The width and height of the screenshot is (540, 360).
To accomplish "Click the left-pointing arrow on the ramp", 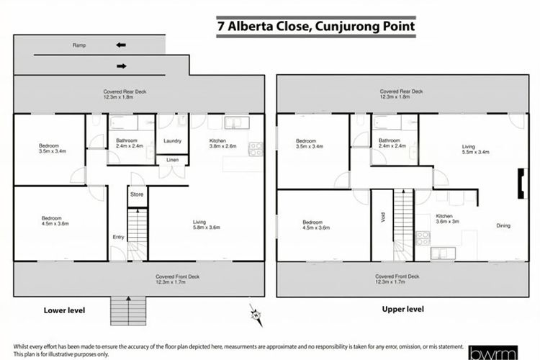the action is (x=121, y=45).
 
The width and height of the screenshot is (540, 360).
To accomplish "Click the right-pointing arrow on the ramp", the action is (x=122, y=66).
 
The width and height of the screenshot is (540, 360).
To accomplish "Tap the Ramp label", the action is (x=79, y=45).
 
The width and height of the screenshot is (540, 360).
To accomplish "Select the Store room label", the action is (x=137, y=194).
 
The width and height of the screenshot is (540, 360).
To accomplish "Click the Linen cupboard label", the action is (x=173, y=160).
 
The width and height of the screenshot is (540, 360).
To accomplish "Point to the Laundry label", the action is (x=172, y=140).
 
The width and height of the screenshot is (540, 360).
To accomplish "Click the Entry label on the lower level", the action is (x=119, y=237).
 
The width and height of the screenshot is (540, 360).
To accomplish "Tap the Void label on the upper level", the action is (x=382, y=217).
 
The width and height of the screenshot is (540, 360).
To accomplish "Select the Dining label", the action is (x=503, y=225).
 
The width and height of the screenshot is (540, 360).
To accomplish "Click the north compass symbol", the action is (x=256, y=315).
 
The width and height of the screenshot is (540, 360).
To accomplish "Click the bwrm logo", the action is (x=493, y=353).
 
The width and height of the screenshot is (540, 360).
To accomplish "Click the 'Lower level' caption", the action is (x=64, y=310).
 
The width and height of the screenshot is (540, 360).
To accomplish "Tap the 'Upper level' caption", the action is (x=403, y=309).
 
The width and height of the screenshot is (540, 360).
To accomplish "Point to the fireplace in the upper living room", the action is (x=522, y=184).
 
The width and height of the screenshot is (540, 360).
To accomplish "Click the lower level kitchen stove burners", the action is (x=256, y=149).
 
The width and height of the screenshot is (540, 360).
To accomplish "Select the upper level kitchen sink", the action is (x=444, y=253).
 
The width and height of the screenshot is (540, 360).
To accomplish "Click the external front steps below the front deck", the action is (x=128, y=311).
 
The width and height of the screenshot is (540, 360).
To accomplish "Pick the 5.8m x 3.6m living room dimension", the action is (x=207, y=228).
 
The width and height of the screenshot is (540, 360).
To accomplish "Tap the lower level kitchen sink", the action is (x=237, y=122).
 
